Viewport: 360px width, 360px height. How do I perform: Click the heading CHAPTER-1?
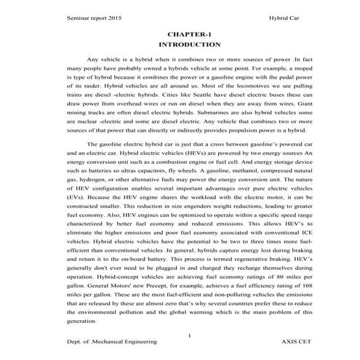click(x=183, y=33)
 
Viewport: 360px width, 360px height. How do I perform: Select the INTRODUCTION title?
click(x=183, y=44)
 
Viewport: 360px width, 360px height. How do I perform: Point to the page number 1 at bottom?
click(x=188, y=335)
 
